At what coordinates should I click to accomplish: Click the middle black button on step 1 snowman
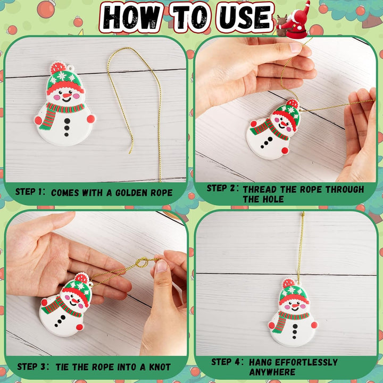[67, 128]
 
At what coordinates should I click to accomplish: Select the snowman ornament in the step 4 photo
[292, 314]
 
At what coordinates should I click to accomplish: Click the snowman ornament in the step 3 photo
[66, 306]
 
